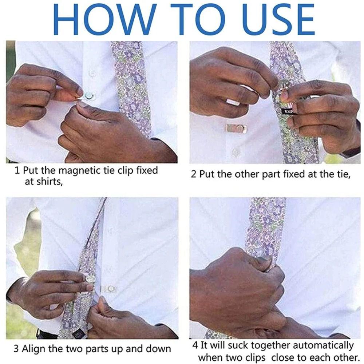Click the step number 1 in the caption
click(x=17, y=170)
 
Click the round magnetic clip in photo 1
click(x=88, y=96)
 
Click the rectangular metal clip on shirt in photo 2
click(x=236, y=128)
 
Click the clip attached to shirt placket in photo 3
click(x=109, y=289)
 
